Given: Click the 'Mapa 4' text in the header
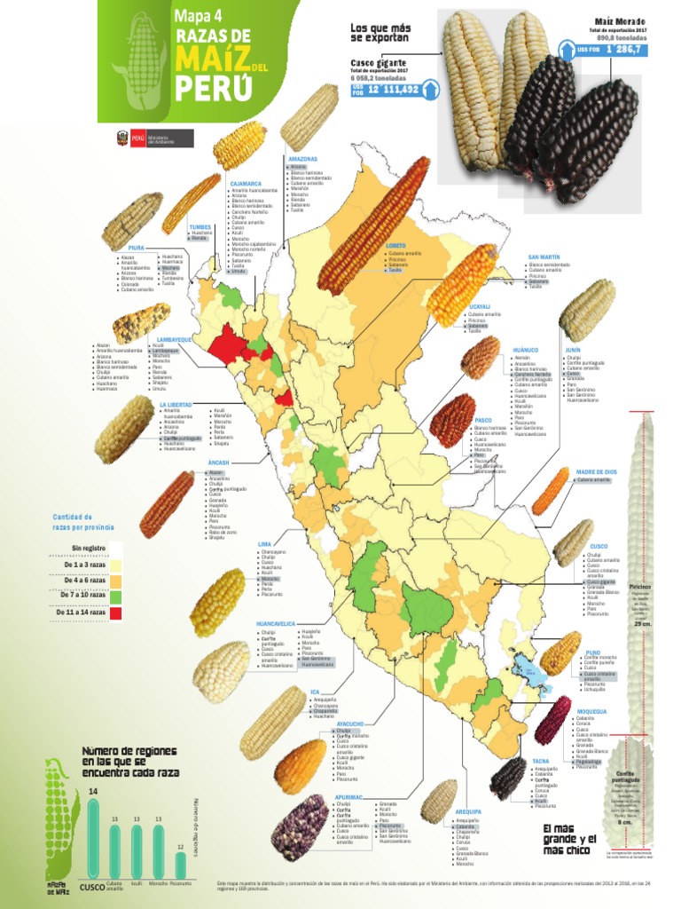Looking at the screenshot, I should click(x=199, y=15).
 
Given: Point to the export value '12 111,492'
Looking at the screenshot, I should click(x=392, y=90).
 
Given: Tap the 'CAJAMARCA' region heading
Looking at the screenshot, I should click(x=246, y=184).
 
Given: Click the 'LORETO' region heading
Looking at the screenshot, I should click(x=396, y=246).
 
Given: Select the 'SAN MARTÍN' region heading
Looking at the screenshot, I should click(x=544, y=257).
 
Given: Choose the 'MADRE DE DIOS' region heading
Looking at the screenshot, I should click(x=595, y=472).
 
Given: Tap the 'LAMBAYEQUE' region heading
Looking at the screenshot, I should click(x=175, y=339).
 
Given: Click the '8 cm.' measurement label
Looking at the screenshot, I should click(x=624, y=822).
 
